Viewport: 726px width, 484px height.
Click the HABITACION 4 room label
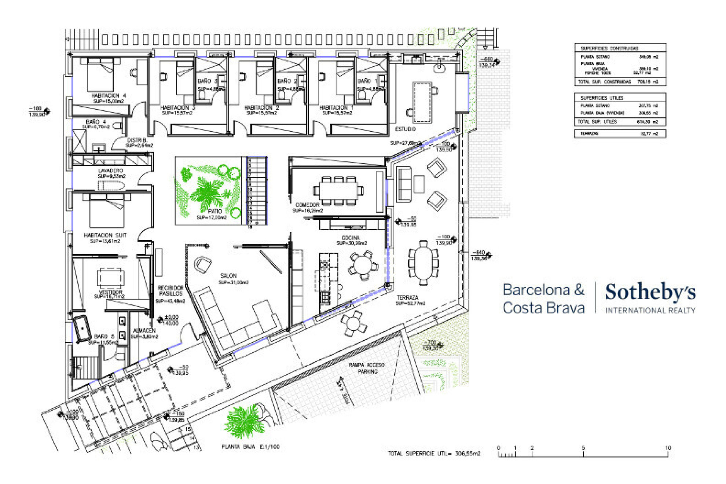pyautogui.click(x=108, y=96)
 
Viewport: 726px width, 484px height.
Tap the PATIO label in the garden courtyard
pyautogui.click(x=215, y=211)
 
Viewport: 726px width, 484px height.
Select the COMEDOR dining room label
pyautogui.click(x=307, y=205)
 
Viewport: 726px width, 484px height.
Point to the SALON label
pyautogui.click(x=228, y=276)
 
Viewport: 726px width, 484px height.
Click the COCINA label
pyautogui.click(x=351, y=238)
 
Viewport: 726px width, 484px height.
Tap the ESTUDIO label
pyautogui.click(x=405, y=129)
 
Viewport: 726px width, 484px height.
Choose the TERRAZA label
pyautogui.click(x=407, y=298)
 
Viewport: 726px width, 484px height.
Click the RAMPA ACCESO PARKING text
pyautogui.click(x=367, y=368)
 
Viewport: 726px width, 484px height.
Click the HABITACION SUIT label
pyautogui.click(x=105, y=235)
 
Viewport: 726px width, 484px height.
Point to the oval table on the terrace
pyautogui.click(x=423, y=263)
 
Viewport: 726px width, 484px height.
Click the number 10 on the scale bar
pyautogui.click(x=668, y=448)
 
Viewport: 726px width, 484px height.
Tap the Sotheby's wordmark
pyautogui.click(x=650, y=292)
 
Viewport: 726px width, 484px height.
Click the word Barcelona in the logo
pyautogui.click(x=536, y=290)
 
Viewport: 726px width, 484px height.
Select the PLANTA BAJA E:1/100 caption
pyautogui.click(x=250, y=447)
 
